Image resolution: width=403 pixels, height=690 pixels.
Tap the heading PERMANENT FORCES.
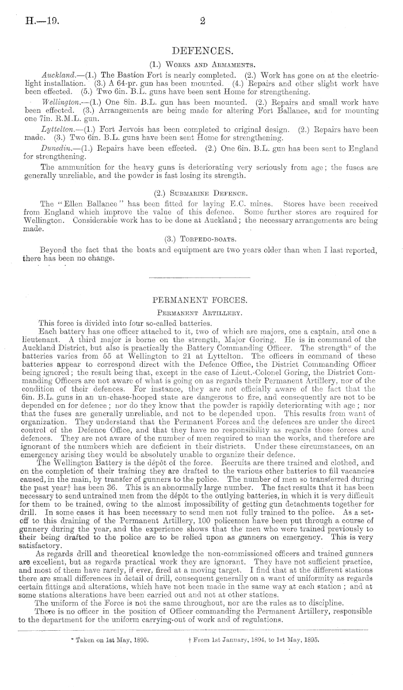(201, 300)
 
